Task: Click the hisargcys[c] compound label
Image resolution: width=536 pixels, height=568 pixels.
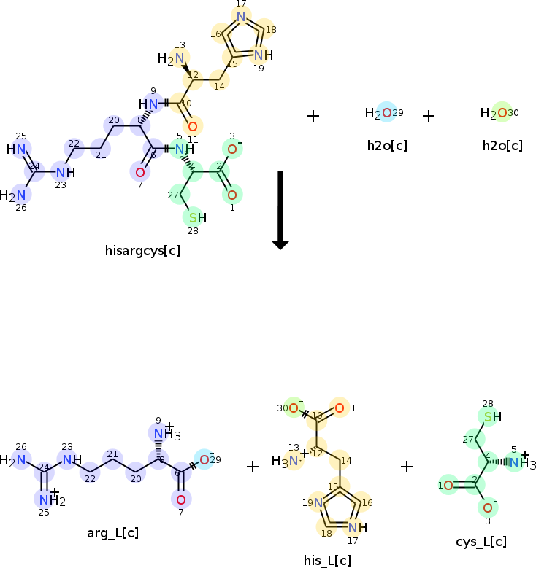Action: pos(142,251)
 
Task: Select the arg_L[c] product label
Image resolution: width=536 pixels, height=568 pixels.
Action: pos(113,533)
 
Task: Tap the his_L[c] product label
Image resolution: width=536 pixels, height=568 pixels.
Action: pos(327,560)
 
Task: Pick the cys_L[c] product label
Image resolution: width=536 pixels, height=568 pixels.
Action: pos(480,541)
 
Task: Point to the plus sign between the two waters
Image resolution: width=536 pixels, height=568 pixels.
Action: pos(429,115)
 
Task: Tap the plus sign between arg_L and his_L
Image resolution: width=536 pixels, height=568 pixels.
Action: pos(253,467)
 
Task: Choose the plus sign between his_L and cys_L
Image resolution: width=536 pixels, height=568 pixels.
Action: pos(407,467)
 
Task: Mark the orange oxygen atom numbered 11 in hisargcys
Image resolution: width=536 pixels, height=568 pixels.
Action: pos(192,126)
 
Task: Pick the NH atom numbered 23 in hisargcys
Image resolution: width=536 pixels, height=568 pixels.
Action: pos(65,173)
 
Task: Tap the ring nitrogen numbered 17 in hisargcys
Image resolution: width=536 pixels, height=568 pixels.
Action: pos(241,16)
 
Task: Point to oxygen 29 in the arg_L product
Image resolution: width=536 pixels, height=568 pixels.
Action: pos(204,460)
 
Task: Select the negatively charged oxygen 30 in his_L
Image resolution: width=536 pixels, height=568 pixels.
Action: pos(293,408)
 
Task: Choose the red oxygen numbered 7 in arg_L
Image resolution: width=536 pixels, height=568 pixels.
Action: pos(180,499)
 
